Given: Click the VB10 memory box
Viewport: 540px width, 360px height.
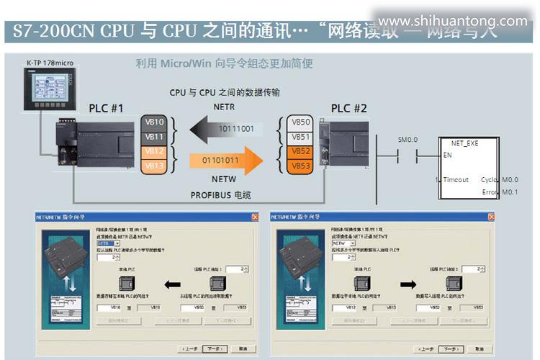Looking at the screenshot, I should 155,122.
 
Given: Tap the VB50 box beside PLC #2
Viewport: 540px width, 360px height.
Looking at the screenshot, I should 301,122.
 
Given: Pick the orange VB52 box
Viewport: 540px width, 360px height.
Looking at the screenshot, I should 301,152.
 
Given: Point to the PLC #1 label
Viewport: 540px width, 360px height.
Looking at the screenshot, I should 107,109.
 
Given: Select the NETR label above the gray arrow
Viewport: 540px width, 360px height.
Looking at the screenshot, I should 224,107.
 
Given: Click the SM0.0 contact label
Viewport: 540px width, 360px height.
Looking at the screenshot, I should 408,139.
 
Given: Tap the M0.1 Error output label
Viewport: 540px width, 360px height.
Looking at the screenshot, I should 510,192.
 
